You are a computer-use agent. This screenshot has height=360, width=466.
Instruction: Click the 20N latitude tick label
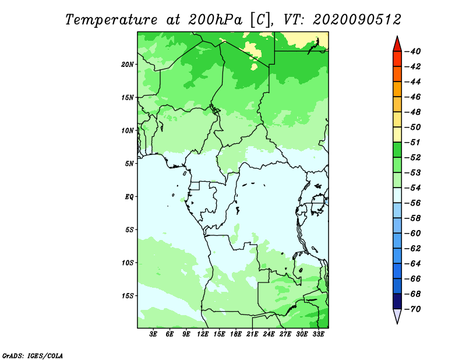(x=128, y=65)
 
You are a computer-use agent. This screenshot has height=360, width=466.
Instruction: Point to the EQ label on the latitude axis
(x=129, y=197)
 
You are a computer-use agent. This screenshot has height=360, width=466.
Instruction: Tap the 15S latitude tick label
(x=128, y=296)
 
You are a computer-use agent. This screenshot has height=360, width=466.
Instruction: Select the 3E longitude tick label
(x=153, y=334)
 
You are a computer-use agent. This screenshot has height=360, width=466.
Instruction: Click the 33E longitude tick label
(x=318, y=334)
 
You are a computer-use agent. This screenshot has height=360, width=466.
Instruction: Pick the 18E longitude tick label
(x=236, y=334)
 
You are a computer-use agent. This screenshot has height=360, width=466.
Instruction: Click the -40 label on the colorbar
(x=412, y=51)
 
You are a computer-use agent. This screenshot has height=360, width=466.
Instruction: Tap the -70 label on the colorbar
(x=412, y=309)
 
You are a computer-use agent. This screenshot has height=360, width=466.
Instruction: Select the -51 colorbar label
(x=412, y=142)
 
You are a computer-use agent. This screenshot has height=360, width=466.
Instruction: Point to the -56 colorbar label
(x=412, y=203)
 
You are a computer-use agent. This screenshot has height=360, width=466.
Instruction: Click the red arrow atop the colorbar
(x=397, y=44)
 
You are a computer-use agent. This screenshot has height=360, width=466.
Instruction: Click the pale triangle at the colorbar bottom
(x=397, y=316)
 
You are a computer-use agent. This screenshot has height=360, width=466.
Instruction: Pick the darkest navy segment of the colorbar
(x=397, y=301)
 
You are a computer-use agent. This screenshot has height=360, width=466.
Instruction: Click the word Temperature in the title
(x=111, y=20)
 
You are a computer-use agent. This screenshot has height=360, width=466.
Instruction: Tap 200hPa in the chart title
(x=216, y=20)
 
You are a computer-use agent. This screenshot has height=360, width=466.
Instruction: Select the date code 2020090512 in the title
(x=357, y=20)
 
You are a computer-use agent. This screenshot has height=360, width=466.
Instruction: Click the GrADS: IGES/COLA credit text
(x=33, y=355)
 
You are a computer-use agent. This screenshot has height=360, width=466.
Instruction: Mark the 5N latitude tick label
(x=129, y=164)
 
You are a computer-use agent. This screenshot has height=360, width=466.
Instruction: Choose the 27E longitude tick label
(x=285, y=334)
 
